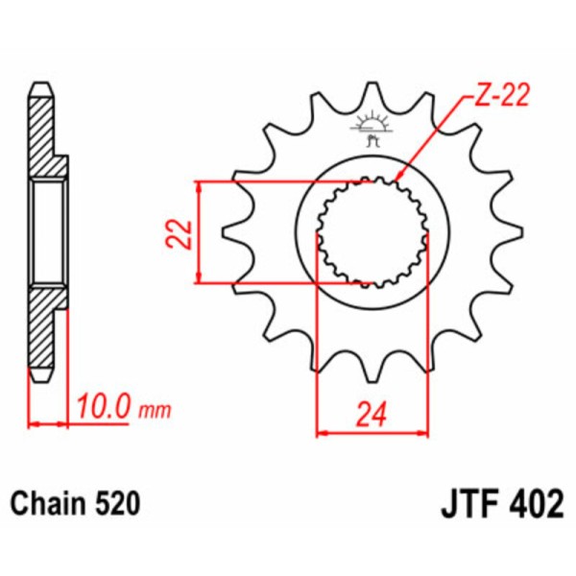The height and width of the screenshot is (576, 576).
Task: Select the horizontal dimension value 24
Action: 369,415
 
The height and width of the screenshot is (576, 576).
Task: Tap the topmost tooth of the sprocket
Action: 370,96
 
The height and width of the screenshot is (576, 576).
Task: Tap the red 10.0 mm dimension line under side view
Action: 49,421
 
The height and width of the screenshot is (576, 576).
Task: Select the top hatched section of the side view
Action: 45,134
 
